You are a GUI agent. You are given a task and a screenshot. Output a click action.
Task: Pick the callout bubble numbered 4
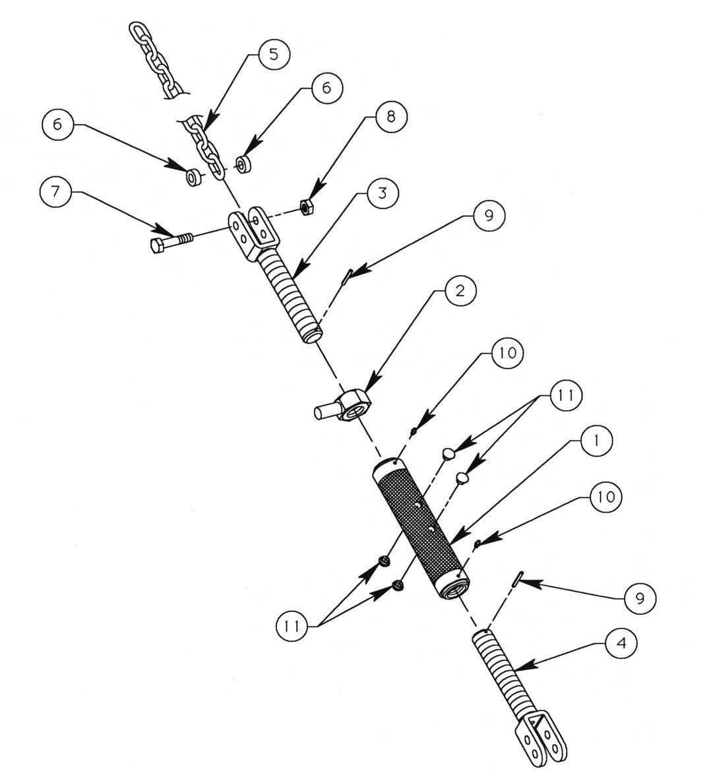coord(620,645)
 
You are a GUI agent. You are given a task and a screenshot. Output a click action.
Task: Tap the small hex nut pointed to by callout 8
coord(306,206)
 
